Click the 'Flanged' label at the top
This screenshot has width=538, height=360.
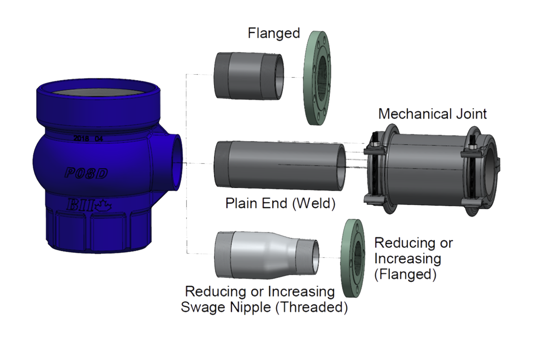tap(274, 34)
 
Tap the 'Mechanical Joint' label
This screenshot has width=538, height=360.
tap(432, 114)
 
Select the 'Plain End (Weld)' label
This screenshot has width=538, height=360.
tap(280, 203)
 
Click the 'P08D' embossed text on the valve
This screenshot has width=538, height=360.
tap(86, 173)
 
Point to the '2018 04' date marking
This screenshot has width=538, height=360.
tap(88, 138)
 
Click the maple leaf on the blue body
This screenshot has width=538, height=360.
tap(103, 205)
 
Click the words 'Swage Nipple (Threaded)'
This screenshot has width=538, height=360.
tap(264, 308)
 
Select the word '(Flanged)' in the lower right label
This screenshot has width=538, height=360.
tap(405, 275)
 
